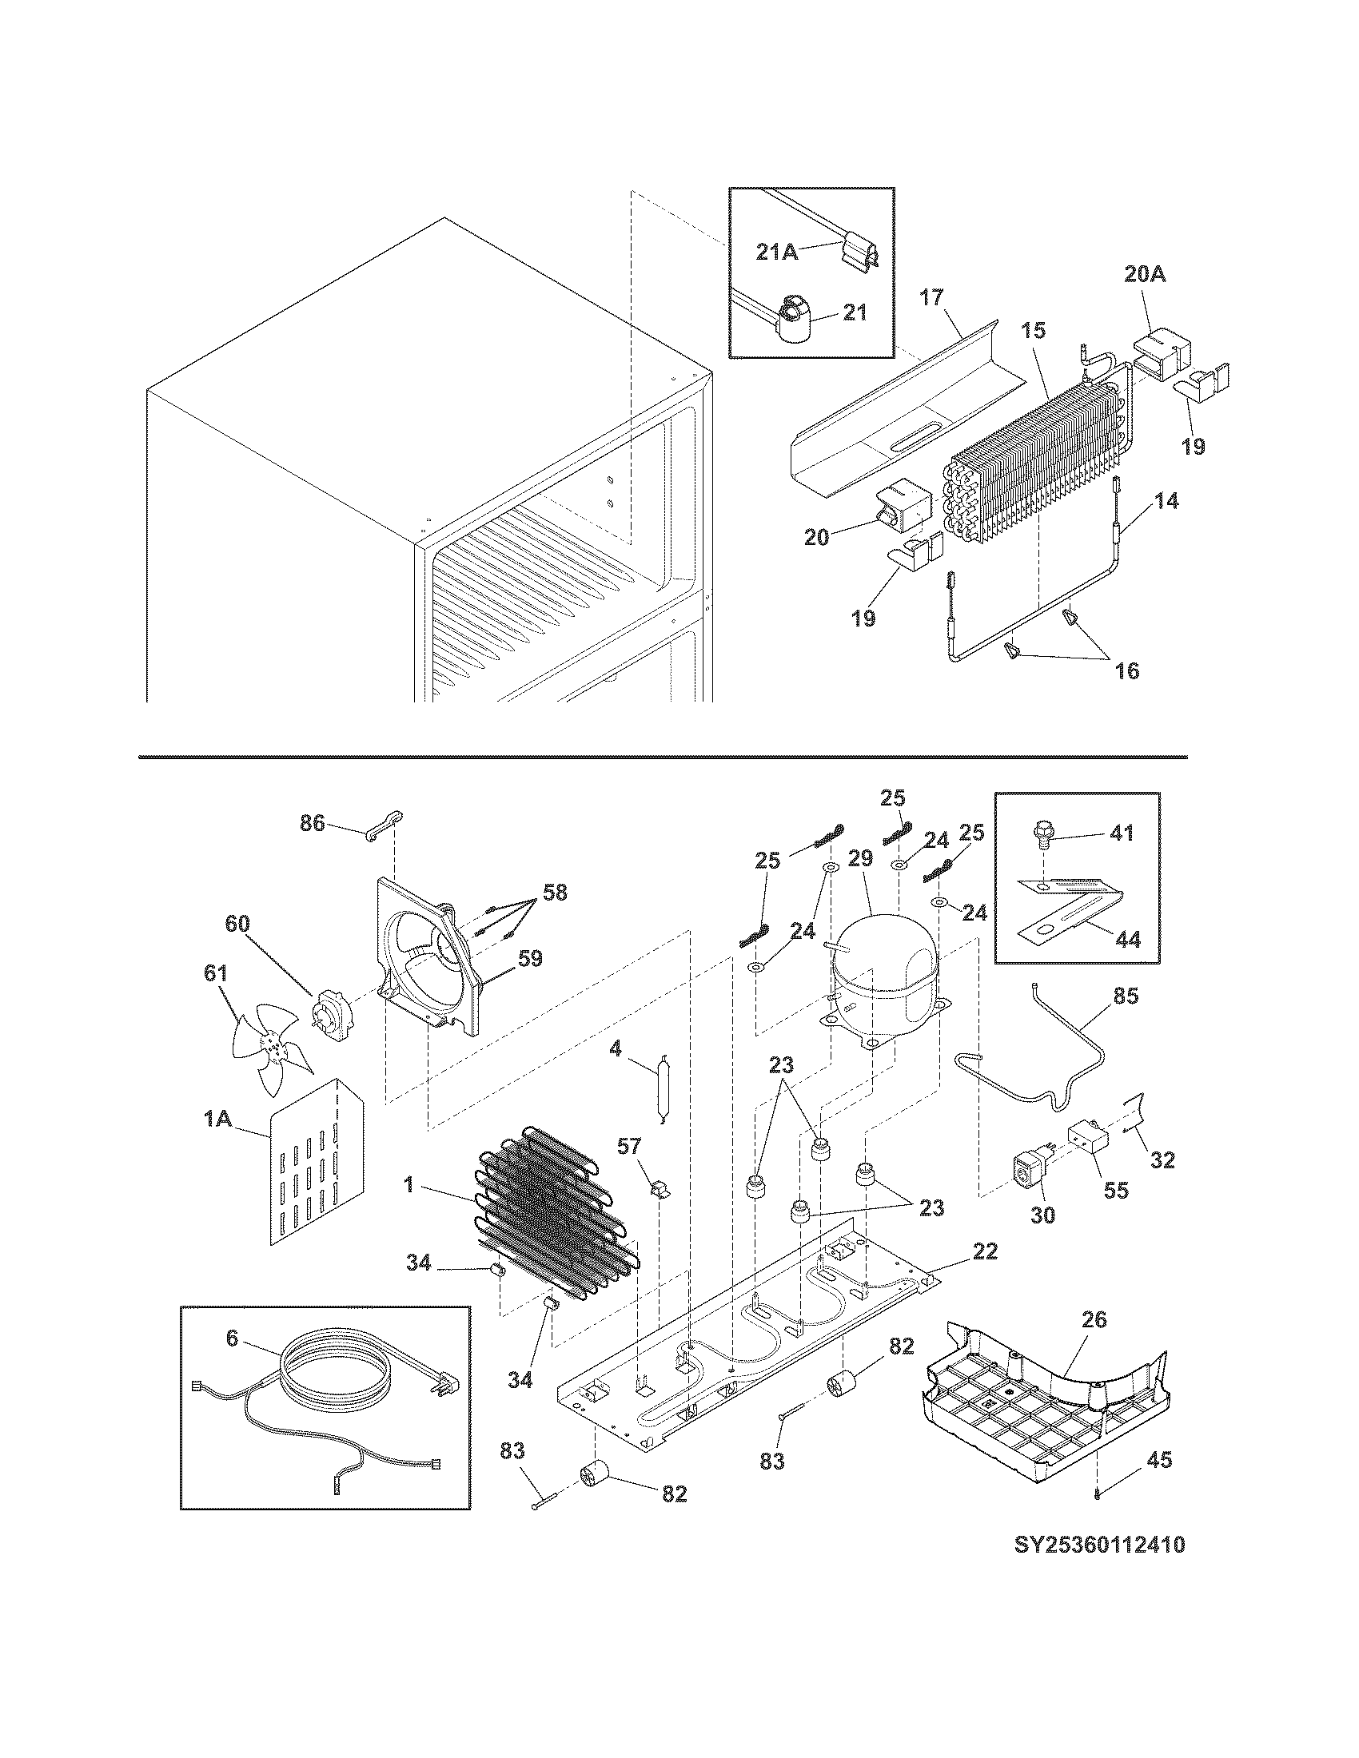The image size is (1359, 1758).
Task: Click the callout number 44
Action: (1127, 939)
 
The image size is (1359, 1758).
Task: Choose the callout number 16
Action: (1126, 670)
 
